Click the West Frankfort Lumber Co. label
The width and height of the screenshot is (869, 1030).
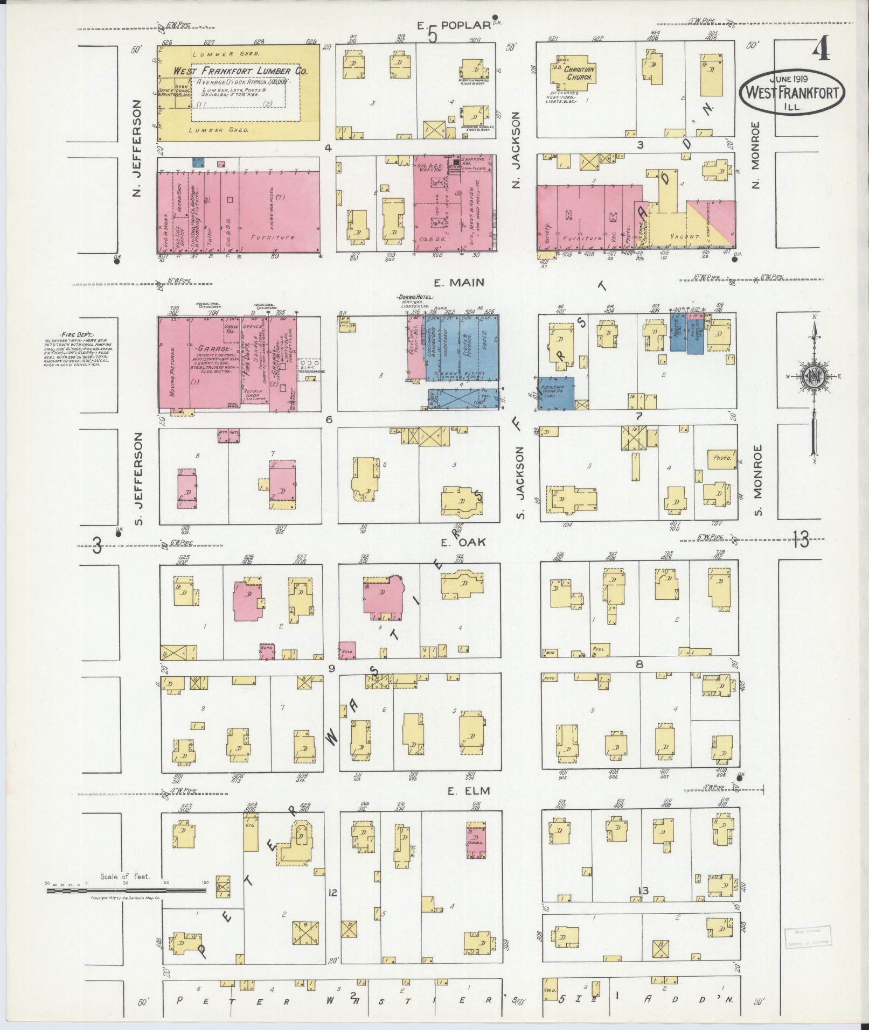click(241, 72)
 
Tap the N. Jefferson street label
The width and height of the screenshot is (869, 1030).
click(137, 148)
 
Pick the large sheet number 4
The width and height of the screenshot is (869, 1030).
click(821, 52)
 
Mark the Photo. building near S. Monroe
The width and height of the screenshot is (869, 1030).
click(722, 458)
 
